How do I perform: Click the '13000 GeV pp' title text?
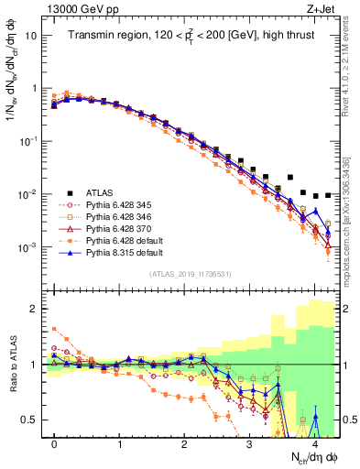click(78, 8)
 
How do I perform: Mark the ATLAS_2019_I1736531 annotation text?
click(189, 274)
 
